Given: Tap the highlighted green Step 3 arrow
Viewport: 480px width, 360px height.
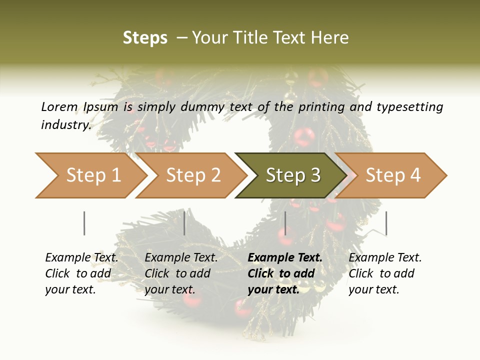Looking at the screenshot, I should pyautogui.click(x=293, y=175).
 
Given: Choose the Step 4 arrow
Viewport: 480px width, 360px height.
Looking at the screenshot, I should pyautogui.click(x=393, y=175).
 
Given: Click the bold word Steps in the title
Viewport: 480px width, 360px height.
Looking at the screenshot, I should pyautogui.click(x=145, y=38).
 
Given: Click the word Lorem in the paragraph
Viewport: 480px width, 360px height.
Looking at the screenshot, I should pyautogui.click(x=59, y=106).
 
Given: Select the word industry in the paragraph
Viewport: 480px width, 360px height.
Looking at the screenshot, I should pyautogui.click(x=65, y=124).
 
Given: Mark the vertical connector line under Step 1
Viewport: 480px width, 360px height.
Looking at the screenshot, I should pyautogui.click(x=84, y=223).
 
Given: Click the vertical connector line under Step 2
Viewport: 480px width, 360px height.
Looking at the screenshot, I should pyautogui.click(x=184, y=223).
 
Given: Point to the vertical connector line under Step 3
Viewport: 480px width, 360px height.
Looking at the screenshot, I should pyautogui.click(x=285, y=223).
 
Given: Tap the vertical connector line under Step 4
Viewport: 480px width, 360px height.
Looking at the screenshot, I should pyautogui.click(x=386, y=223).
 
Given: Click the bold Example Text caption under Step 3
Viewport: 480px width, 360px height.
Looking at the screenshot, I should pyautogui.click(x=285, y=273).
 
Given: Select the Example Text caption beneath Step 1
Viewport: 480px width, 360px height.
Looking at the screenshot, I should pyautogui.click(x=81, y=273).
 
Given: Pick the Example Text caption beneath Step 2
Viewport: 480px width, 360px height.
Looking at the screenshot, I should pyautogui.click(x=181, y=273).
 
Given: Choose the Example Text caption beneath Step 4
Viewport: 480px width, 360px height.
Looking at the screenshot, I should pyautogui.click(x=385, y=273).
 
